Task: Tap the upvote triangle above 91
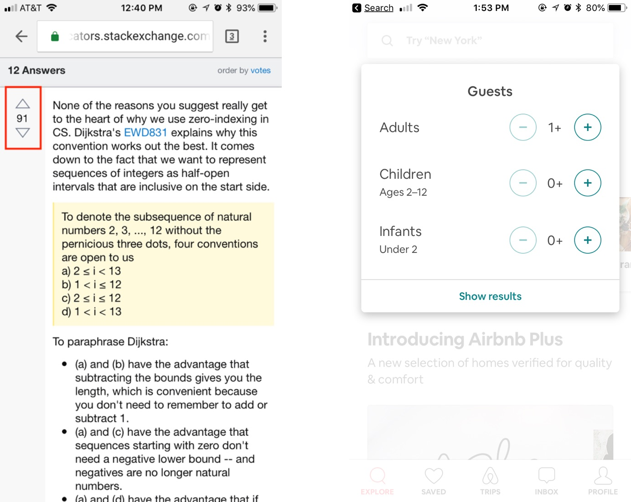(23, 104)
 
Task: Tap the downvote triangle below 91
(23, 133)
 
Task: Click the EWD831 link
(145, 132)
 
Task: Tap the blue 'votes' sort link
(260, 70)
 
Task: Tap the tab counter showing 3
(232, 37)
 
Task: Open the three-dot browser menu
(265, 37)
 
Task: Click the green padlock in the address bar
(55, 37)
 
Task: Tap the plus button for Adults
(587, 127)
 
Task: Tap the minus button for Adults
(523, 127)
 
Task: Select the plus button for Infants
(587, 240)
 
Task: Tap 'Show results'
(490, 296)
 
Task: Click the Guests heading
(490, 91)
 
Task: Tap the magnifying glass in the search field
(387, 41)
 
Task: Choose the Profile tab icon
(603, 476)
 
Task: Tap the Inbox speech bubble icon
(547, 476)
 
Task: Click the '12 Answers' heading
(36, 70)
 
